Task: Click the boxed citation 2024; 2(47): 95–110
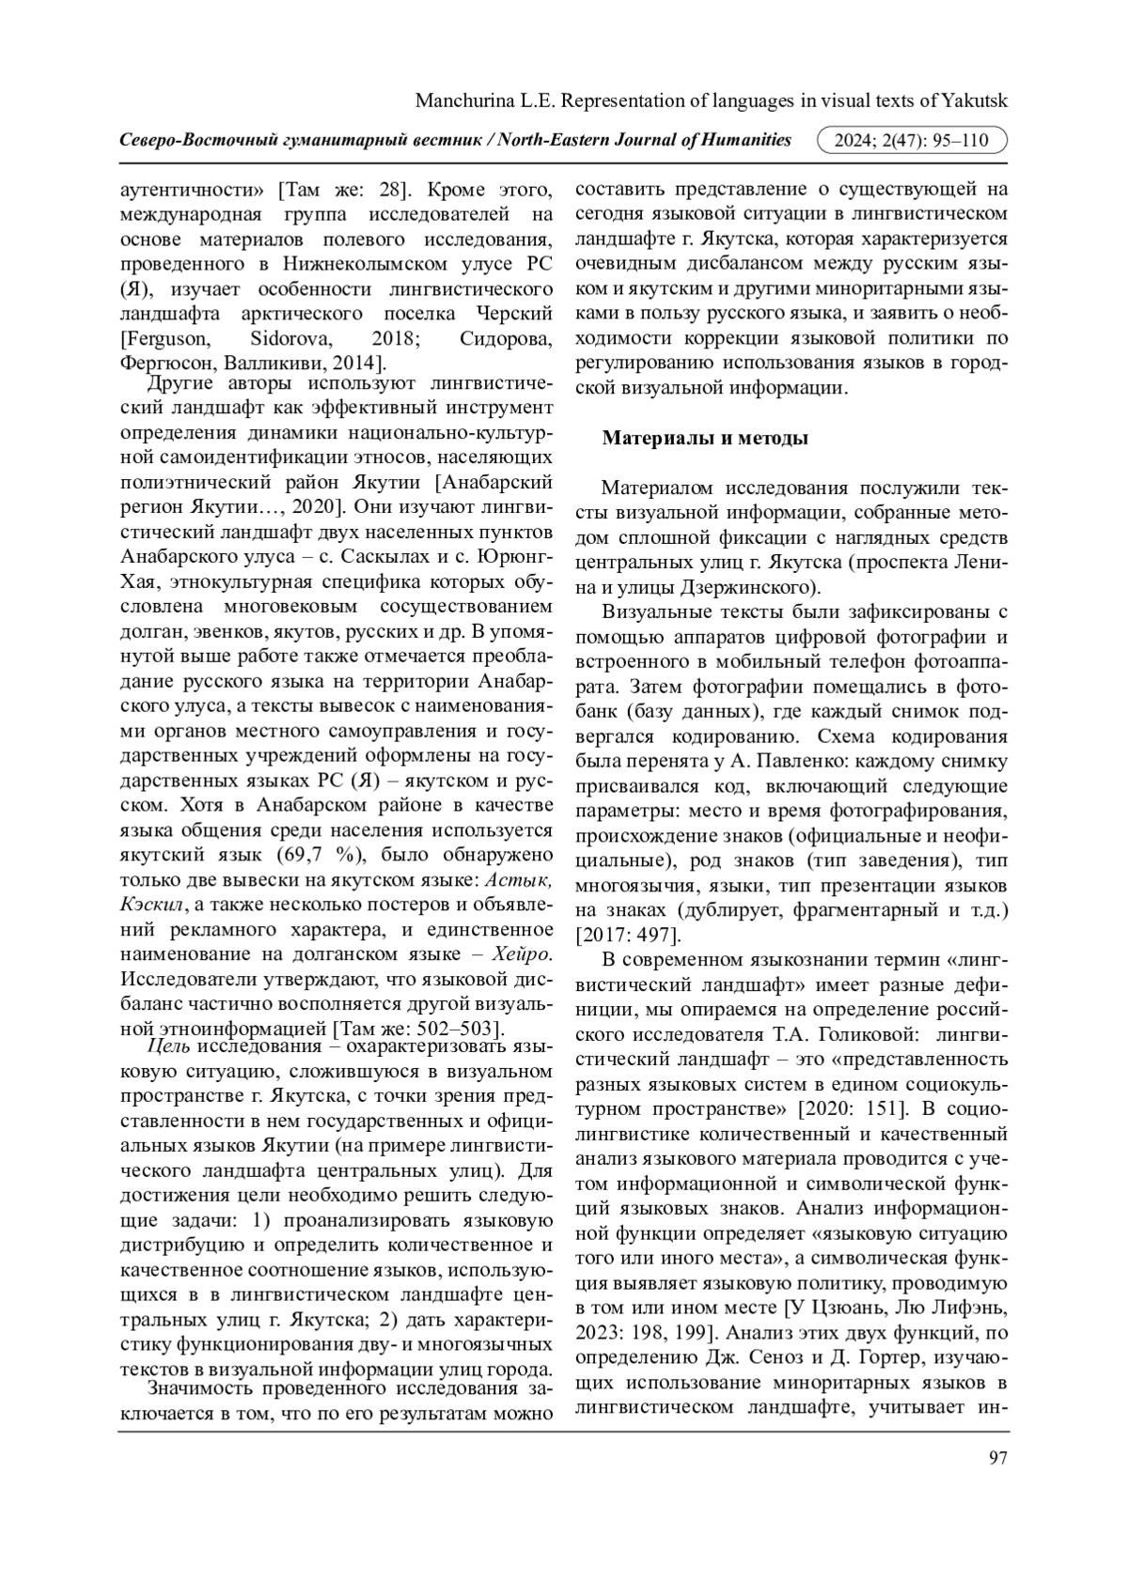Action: pos(913,141)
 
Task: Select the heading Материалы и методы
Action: pos(705,438)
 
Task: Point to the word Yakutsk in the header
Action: pos(976,101)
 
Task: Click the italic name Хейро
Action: pos(521,954)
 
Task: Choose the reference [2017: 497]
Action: pos(627,936)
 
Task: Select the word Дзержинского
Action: pos(734,588)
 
